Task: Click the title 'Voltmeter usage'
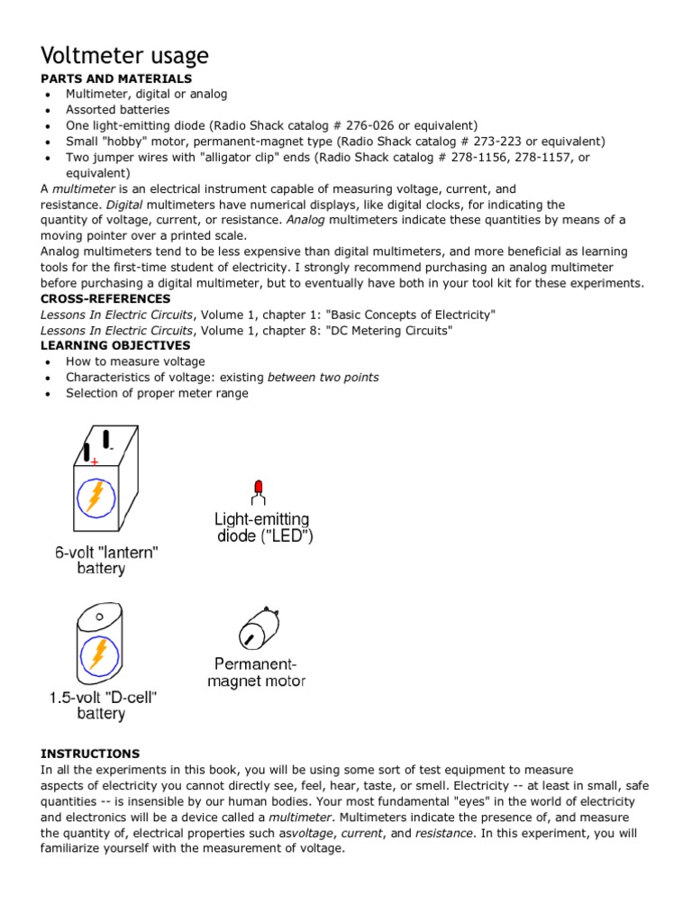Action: (124, 56)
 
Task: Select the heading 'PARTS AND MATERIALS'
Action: (116, 79)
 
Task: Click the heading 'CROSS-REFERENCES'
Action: (105, 298)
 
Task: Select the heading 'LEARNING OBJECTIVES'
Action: (115, 345)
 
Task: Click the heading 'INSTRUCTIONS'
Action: (90, 754)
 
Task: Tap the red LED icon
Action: (259, 489)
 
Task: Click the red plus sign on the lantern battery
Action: (95, 461)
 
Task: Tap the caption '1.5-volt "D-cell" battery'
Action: (101, 705)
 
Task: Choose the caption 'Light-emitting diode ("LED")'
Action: (262, 527)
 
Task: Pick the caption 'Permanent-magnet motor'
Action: (256, 673)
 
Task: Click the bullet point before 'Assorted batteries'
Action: (47, 111)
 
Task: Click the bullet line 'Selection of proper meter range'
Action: (157, 393)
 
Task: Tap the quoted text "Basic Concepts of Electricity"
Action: (410, 315)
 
